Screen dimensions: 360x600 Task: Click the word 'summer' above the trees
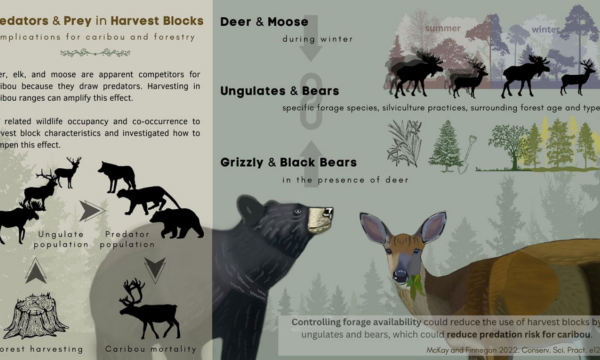[442, 28]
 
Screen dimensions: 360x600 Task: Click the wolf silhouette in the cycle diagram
[117, 176]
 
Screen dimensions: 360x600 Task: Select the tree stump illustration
[36, 318]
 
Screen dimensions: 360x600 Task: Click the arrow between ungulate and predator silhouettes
[92, 210]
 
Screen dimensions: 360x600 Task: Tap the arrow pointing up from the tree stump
[35, 270]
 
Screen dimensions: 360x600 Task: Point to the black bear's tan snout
[318, 216]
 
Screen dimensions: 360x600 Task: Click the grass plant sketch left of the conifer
[403, 143]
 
